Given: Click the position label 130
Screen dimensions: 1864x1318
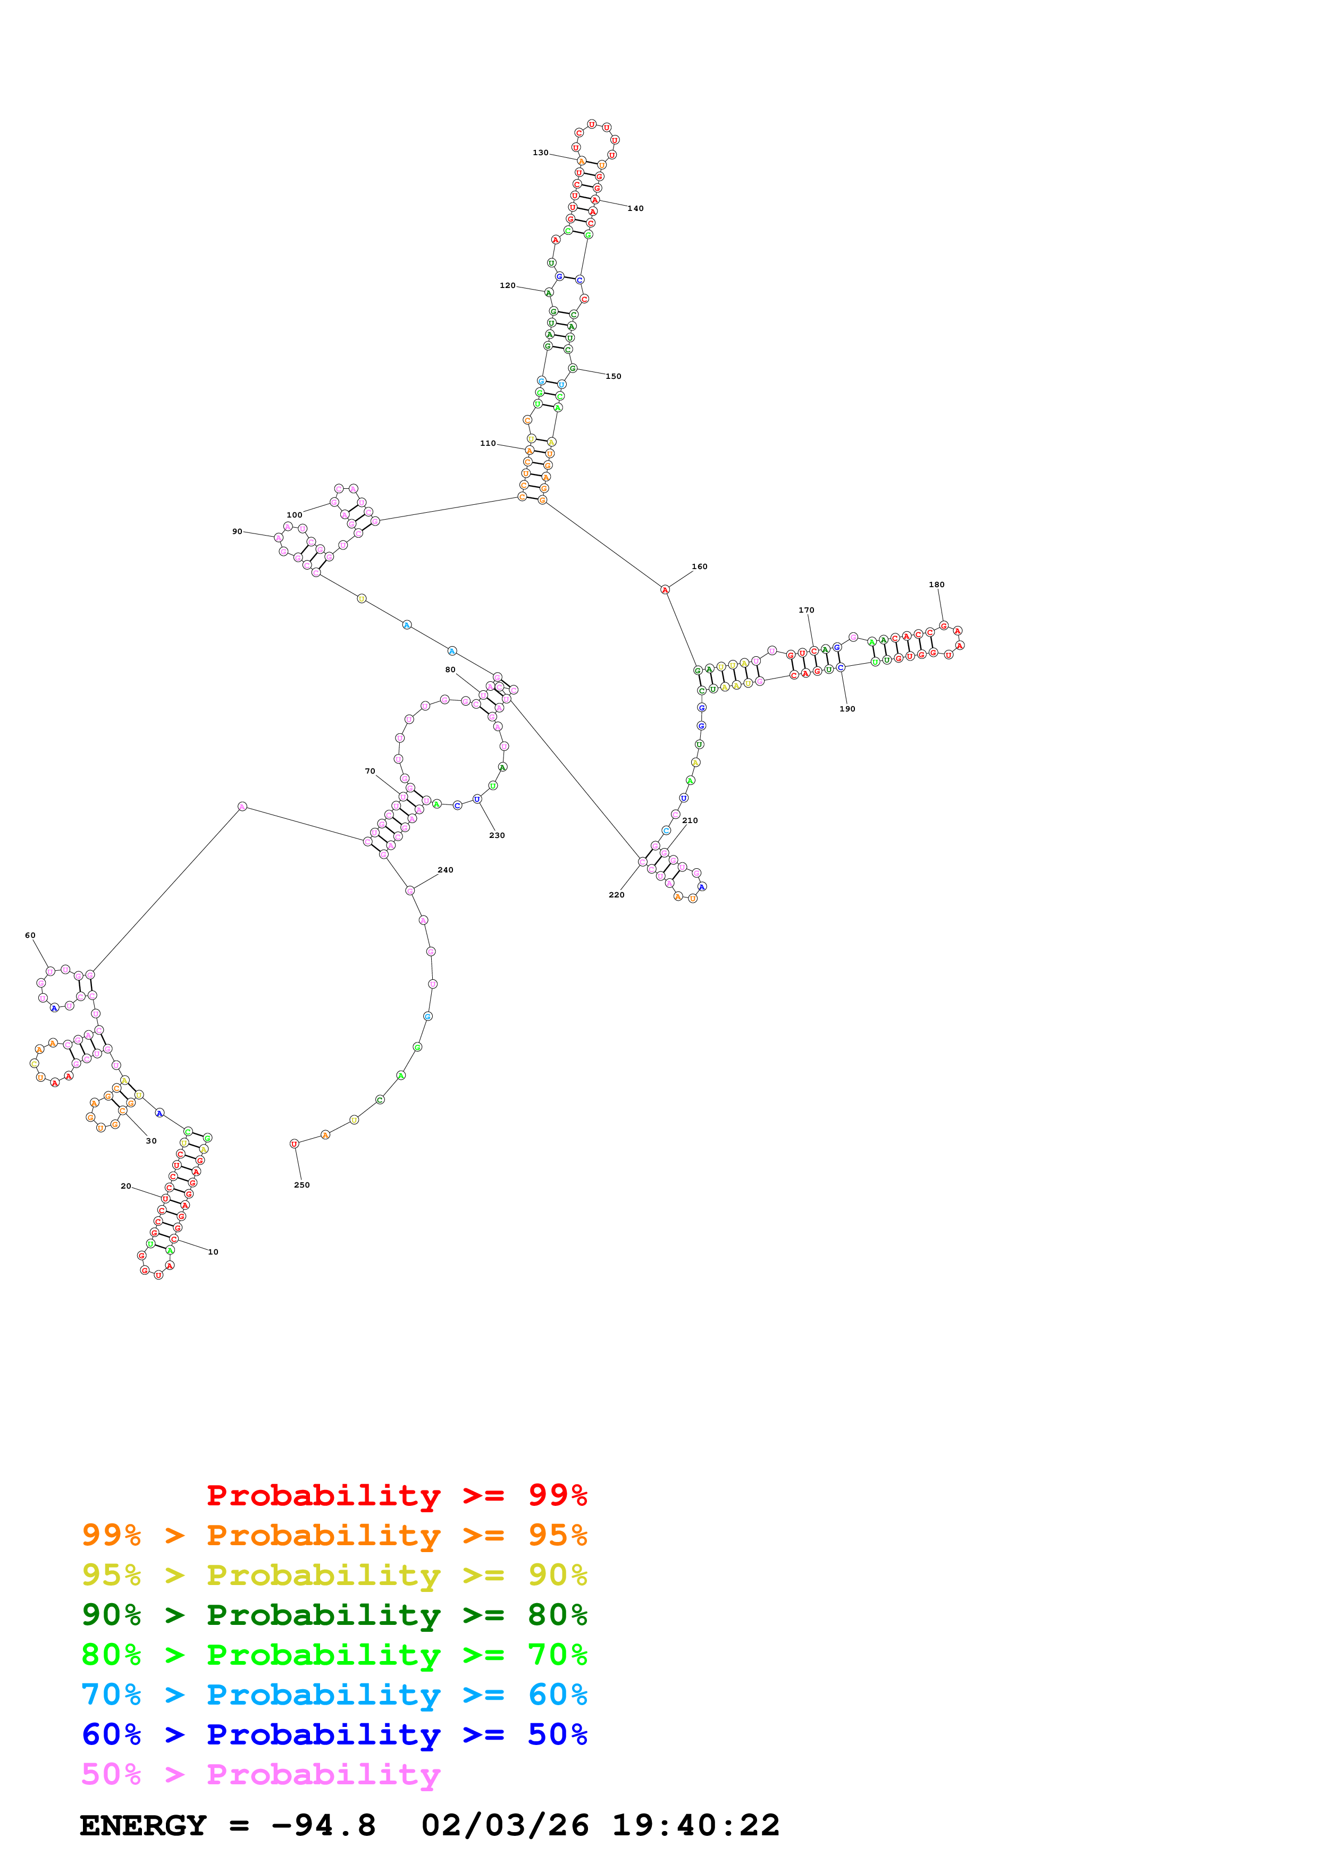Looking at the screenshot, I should [540, 152].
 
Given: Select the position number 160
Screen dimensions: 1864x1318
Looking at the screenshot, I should [699, 566].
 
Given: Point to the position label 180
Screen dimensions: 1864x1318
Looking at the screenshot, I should [936, 584].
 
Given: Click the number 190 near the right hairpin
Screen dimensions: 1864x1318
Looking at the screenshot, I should [847, 709].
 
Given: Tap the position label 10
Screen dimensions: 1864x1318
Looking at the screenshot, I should [213, 1252].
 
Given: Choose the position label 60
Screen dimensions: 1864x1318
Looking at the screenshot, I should [30, 935].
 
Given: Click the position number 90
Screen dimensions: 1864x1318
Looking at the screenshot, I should [237, 532].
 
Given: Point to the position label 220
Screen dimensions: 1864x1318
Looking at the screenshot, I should [616, 895].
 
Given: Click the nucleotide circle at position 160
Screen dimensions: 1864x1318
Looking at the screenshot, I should [665, 589].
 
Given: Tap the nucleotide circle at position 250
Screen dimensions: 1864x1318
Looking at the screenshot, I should [294, 1144].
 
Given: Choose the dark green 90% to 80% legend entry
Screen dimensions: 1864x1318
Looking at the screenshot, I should [334, 1615].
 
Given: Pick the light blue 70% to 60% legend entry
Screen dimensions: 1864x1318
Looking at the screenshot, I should [334, 1694].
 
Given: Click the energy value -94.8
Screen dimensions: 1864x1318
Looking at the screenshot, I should [323, 1826].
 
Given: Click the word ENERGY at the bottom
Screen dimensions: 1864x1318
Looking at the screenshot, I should [143, 1826].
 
